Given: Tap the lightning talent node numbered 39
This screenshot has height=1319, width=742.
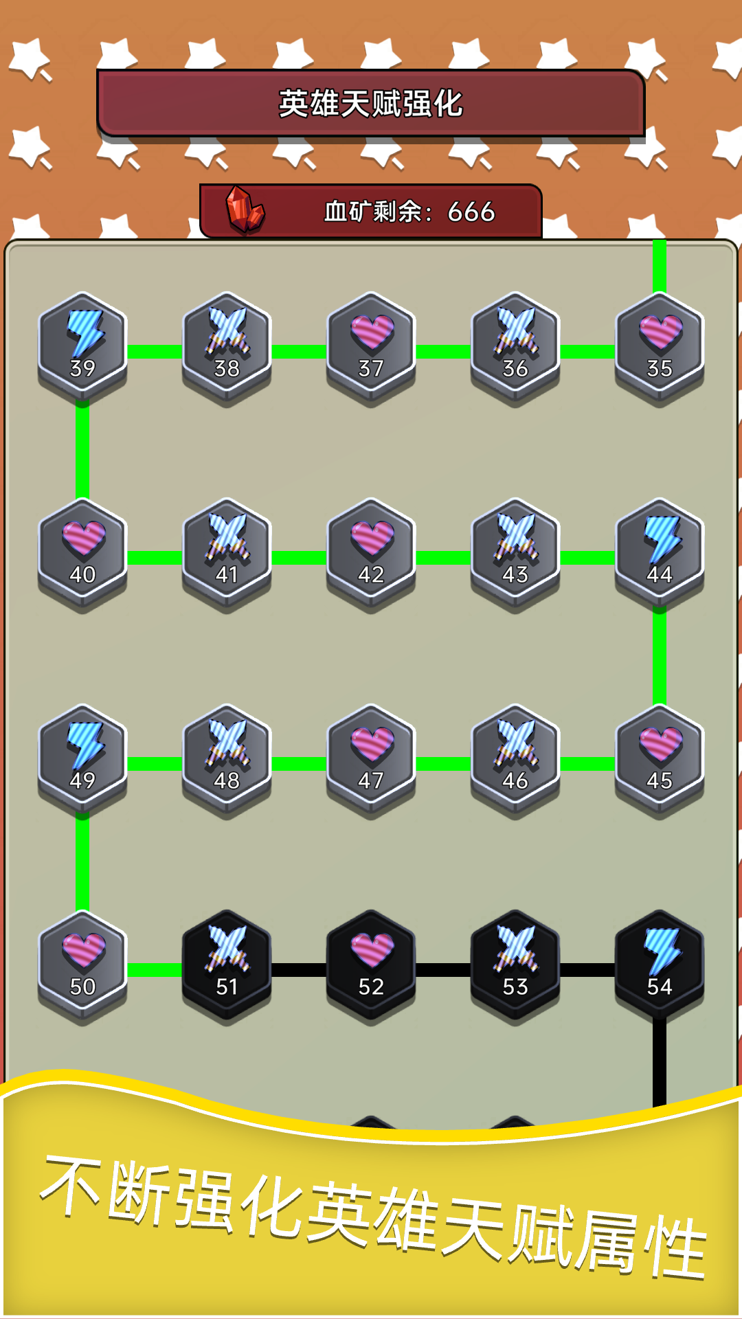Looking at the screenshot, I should click(82, 347).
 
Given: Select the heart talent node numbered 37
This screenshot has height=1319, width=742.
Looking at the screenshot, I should click(371, 347).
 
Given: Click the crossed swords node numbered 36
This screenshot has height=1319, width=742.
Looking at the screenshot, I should click(515, 347).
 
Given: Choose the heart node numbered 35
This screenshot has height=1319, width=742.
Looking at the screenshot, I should click(660, 347).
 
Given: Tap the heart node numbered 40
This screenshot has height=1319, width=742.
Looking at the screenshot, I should click(82, 553).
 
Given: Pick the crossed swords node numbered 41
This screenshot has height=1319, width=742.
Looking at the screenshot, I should click(227, 553).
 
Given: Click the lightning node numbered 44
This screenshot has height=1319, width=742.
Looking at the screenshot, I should click(660, 553).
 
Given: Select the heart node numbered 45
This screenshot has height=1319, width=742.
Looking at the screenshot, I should click(660, 759).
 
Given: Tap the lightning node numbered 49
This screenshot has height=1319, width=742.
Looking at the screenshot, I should click(82, 759).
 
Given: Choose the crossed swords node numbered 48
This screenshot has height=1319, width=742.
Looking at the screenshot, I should click(227, 759).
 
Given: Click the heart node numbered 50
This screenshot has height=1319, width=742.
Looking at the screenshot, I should click(82, 965).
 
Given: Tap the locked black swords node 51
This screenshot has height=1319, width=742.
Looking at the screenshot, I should click(227, 965).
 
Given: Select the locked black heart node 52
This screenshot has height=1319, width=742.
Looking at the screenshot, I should click(371, 965).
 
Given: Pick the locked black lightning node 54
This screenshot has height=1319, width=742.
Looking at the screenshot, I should click(660, 965).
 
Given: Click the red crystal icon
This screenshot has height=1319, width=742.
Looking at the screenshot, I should click(245, 210).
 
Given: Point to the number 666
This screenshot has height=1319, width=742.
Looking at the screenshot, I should click(471, 212).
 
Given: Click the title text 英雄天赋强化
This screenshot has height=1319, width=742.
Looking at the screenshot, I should click(371, 104).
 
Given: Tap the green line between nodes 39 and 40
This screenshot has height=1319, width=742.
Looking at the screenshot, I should click(82, 450).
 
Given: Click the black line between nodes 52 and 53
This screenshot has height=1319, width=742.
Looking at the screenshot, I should click(443, 969).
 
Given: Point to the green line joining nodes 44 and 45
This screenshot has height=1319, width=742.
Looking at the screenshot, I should click(660, 656).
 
